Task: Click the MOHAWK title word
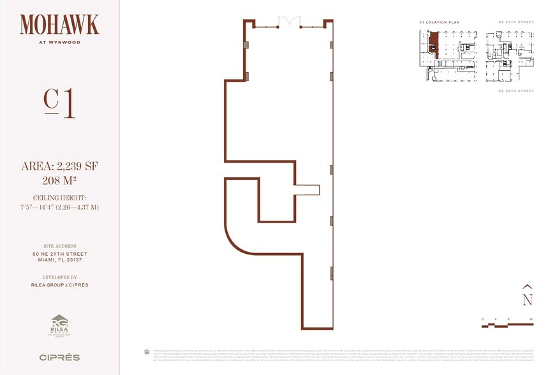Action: tap(59, 25)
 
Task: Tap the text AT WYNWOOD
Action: tap(59, 44)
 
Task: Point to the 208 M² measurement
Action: tap(59, 179)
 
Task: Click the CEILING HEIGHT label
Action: tap(59, 198)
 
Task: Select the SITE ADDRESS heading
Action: tap(59, 246)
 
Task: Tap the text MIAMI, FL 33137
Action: tap(59, 260)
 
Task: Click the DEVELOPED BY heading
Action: tap(59, 277)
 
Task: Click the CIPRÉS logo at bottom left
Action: tap(59, 357)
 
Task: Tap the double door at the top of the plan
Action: tap(288, 22)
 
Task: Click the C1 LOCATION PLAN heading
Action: tap(439, 22)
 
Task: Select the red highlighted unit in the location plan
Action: tap(434, 45)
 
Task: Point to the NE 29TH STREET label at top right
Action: tap(515, 22)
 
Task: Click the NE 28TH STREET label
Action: tap(515, 91)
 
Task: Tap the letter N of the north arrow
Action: tap(527, 298)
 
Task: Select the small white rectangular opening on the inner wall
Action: tap(307, 189)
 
